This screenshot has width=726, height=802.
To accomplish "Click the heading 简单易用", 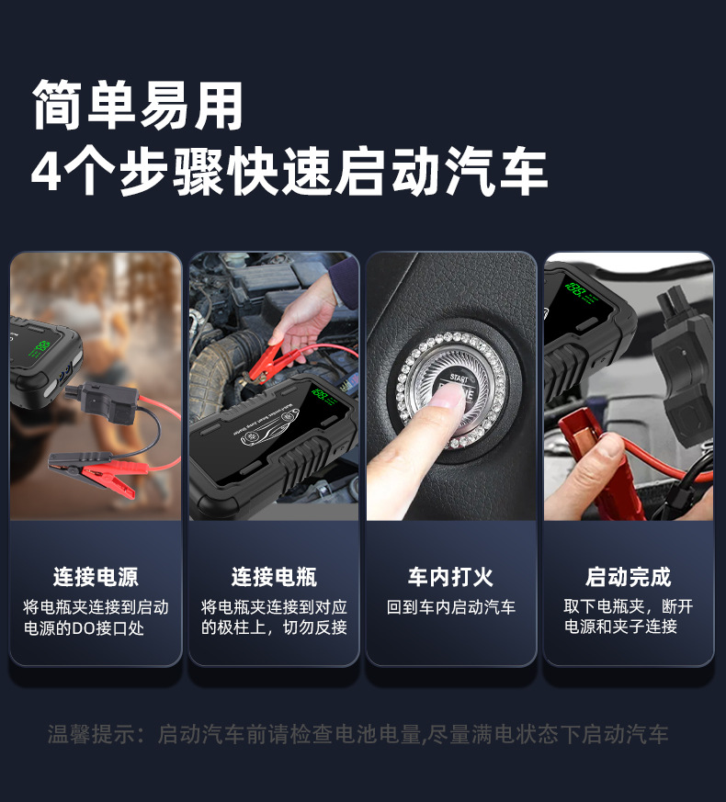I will pos(138,106).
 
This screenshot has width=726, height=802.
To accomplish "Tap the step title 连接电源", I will pos(96,577).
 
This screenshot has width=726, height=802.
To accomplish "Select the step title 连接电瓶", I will pos(274,577).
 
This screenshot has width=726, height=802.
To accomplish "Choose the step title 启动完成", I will pos(629,577).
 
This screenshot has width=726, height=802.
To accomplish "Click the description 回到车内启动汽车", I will pos(450,607).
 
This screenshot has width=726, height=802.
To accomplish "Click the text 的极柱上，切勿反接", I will pos(274,628).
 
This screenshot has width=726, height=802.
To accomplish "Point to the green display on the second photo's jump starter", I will pos(321,396).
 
